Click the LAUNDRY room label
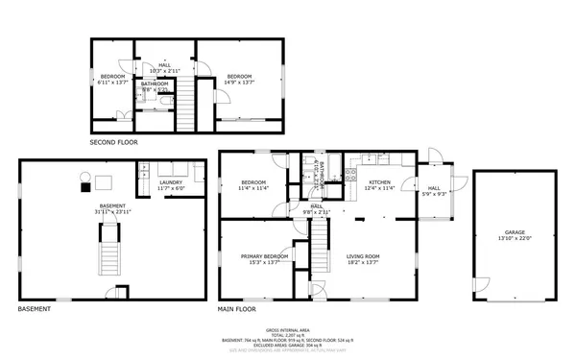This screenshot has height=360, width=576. click(x=171, y=182)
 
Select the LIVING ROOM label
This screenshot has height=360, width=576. click(x=363, y=256)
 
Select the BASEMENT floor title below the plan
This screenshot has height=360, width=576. click(x=35, y=310)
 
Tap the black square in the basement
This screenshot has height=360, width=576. click(x=84, y=187)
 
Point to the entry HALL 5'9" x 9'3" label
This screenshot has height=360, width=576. click(x=433, y=189)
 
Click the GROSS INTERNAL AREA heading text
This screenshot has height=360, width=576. click(x=287, y=327)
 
